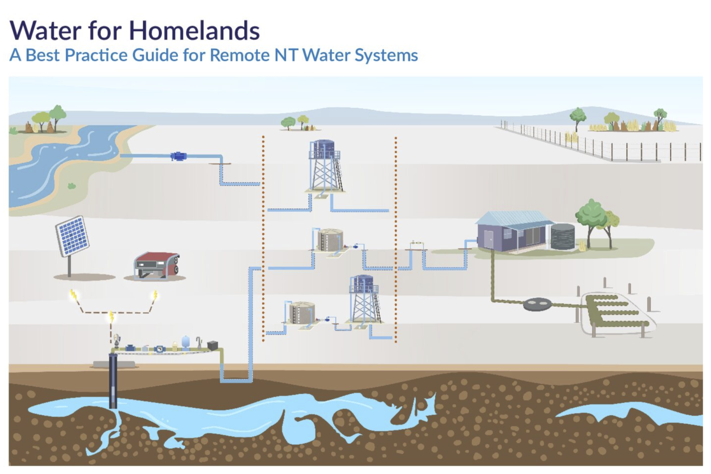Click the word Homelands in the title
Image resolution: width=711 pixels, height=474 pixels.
click(194, 31)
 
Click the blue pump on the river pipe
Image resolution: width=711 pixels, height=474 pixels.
click(178, 156)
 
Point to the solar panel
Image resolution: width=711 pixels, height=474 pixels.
click(73, 236)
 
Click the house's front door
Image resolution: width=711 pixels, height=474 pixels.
click(489, 239)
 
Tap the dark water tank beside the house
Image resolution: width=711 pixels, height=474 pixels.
click(563, 237)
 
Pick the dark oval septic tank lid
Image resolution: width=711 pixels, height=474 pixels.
click(538, 304)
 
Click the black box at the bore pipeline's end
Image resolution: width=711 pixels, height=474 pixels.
click(212, 346)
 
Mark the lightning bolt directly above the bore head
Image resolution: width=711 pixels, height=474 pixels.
click(111, 316)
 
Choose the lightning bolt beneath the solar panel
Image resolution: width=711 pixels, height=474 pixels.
click(73, 295)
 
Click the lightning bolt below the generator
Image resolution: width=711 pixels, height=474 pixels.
click(155, 296)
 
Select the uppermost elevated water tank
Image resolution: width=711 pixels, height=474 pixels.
click(324, 149)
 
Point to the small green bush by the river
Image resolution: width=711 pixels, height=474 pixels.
click(72, 186)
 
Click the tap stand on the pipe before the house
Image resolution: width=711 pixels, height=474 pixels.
click(417, 244)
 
